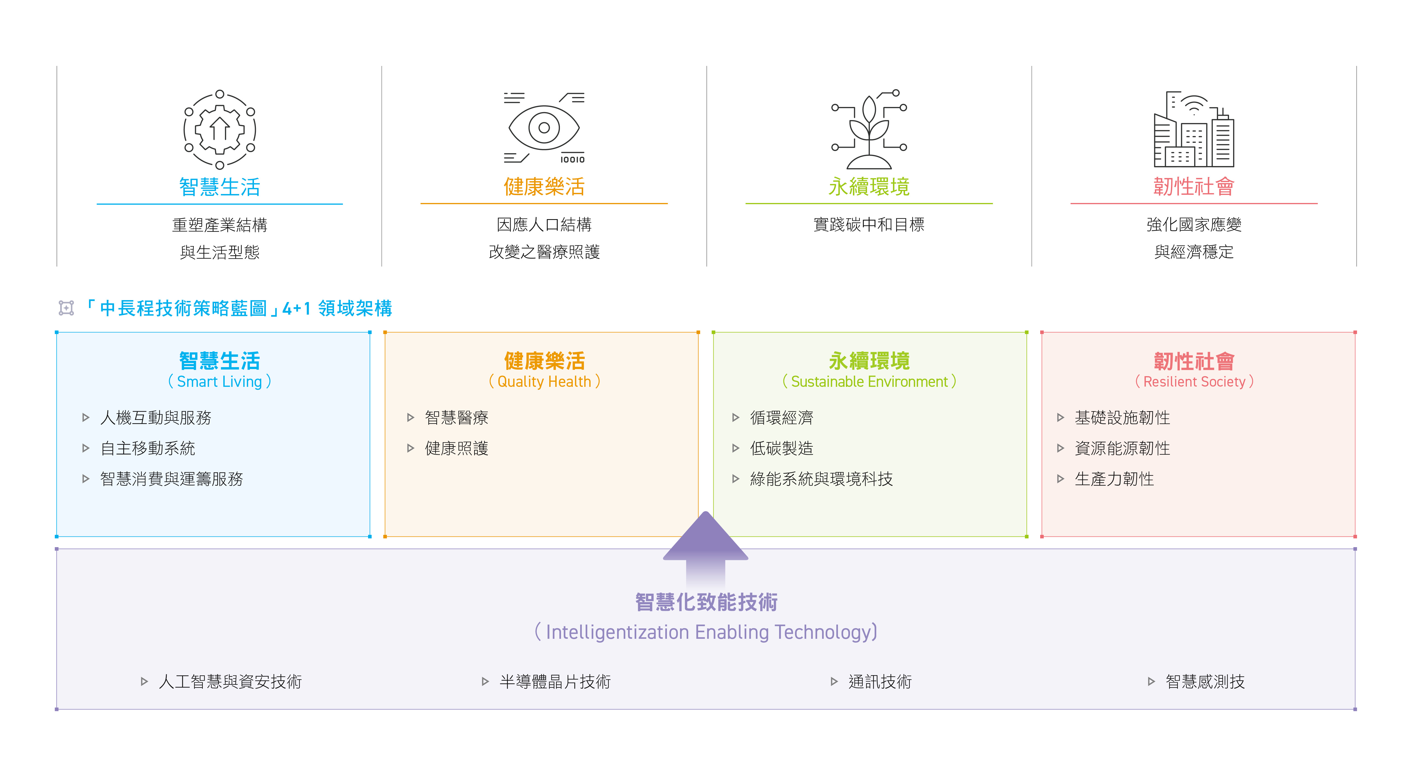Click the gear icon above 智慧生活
[x=219, y=129]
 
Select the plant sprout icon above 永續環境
[x=869, y=129]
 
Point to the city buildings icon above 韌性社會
[x=1194, y=129]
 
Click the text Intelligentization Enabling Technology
[x=706, y=632]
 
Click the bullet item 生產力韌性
[x=1114, y=479]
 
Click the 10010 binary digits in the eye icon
[x=572, y=160]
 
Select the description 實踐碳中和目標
[x=869, y=224]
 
